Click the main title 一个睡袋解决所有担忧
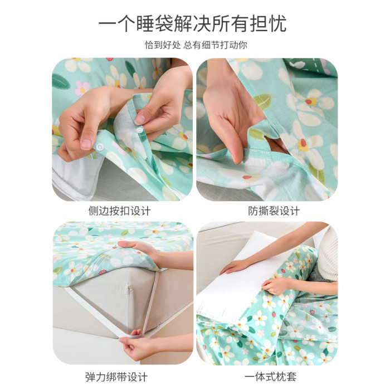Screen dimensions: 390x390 click(193, 23)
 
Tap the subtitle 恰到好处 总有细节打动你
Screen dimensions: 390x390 click(196, 45)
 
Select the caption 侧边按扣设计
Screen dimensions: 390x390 click(119, 211)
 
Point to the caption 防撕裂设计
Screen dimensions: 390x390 click(274, 211)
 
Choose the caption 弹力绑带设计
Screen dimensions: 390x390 click(116, 377)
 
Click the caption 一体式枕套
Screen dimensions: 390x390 click(271, 377)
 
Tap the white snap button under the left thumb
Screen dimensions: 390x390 click(100, 147)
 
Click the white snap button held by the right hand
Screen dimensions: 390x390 click(139, 130)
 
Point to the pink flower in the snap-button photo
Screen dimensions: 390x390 click(82, 88)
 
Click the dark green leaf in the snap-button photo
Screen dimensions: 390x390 click(60, 81)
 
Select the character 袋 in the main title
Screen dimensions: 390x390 click(164, 24)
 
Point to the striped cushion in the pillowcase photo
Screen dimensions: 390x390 click(328, 253)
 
